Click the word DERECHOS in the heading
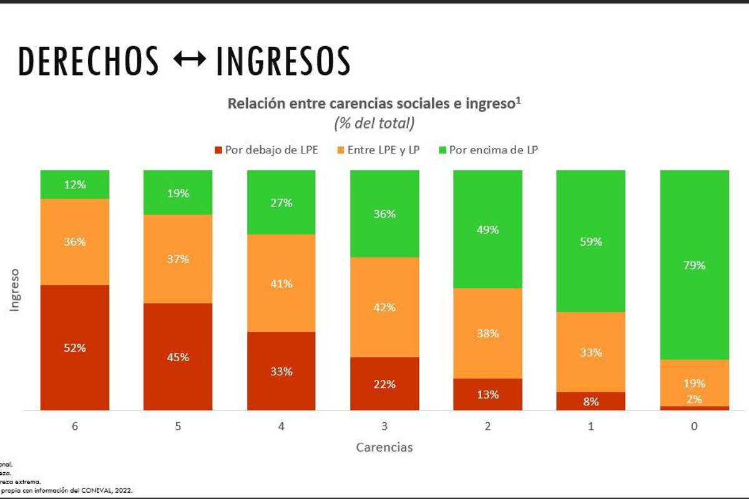(89, 61)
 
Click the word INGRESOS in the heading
(283, 61)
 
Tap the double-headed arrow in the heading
(188, 61)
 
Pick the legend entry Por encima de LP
(488, 150)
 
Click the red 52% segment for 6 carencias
(75, 348)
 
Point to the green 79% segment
(694, 265)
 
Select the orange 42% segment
(384, 308)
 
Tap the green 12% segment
(75, 184)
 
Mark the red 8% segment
(590, 402)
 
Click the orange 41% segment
(281, 283)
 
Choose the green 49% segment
(487, 229)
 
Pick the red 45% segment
(178, 357)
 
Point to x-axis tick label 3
(384, 427)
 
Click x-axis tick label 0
(694, 427)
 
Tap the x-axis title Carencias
(384, 447)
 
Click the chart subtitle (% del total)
(374, 124)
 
